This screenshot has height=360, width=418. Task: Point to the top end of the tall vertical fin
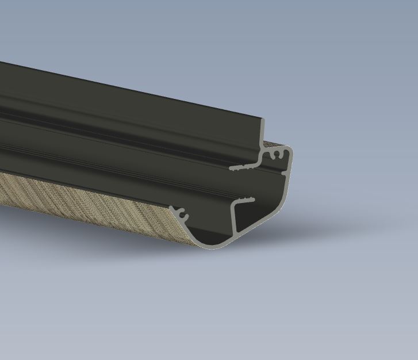pos(264,121)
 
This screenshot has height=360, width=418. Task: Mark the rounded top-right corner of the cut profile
pos(289,151)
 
